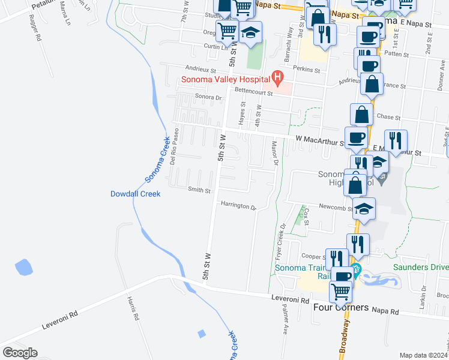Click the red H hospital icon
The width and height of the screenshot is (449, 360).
pyautogui.click(x=277, y=77)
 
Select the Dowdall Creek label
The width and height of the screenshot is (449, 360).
pyautogui.click(x=135, y=194)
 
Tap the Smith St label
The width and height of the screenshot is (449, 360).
pyautogui.click(x=199, y=191)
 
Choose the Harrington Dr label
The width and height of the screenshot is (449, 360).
pyautogui.click(x=238, y=206)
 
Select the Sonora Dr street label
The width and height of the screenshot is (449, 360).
pyautogui.click(x=209, y=97)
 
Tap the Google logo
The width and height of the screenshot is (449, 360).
pyautogui.click(x=20, y=353)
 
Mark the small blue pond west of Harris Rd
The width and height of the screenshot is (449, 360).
pyautogui.click(x=23, y=268)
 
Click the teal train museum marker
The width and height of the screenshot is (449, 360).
pyautogui.click(x=355, y=269)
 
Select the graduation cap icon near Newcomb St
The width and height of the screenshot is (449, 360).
pyautogui.click(x=364, y=209)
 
